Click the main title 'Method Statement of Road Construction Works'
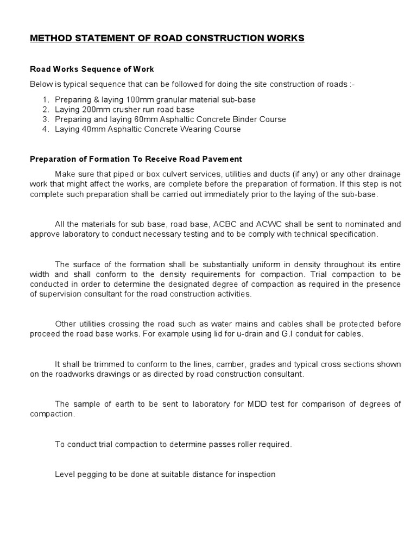tap(167, 38)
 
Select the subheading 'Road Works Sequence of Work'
tap(92, 69)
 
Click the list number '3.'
tap(45, 119)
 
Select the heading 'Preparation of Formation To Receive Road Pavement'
tap(136, 159)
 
